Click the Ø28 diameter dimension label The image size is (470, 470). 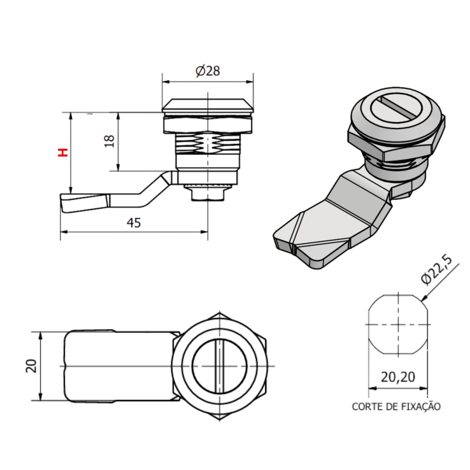click(x=208, y=71)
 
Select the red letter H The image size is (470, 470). click(x=62, y=153)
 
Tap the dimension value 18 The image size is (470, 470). click(x=108, y=141)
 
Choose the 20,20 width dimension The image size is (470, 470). click(x=398, y=377)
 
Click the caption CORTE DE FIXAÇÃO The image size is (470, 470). click(x=395, y=406)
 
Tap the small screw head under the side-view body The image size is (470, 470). click(x=208, y=192)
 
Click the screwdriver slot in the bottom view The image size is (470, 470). click(x=218, y=367)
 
